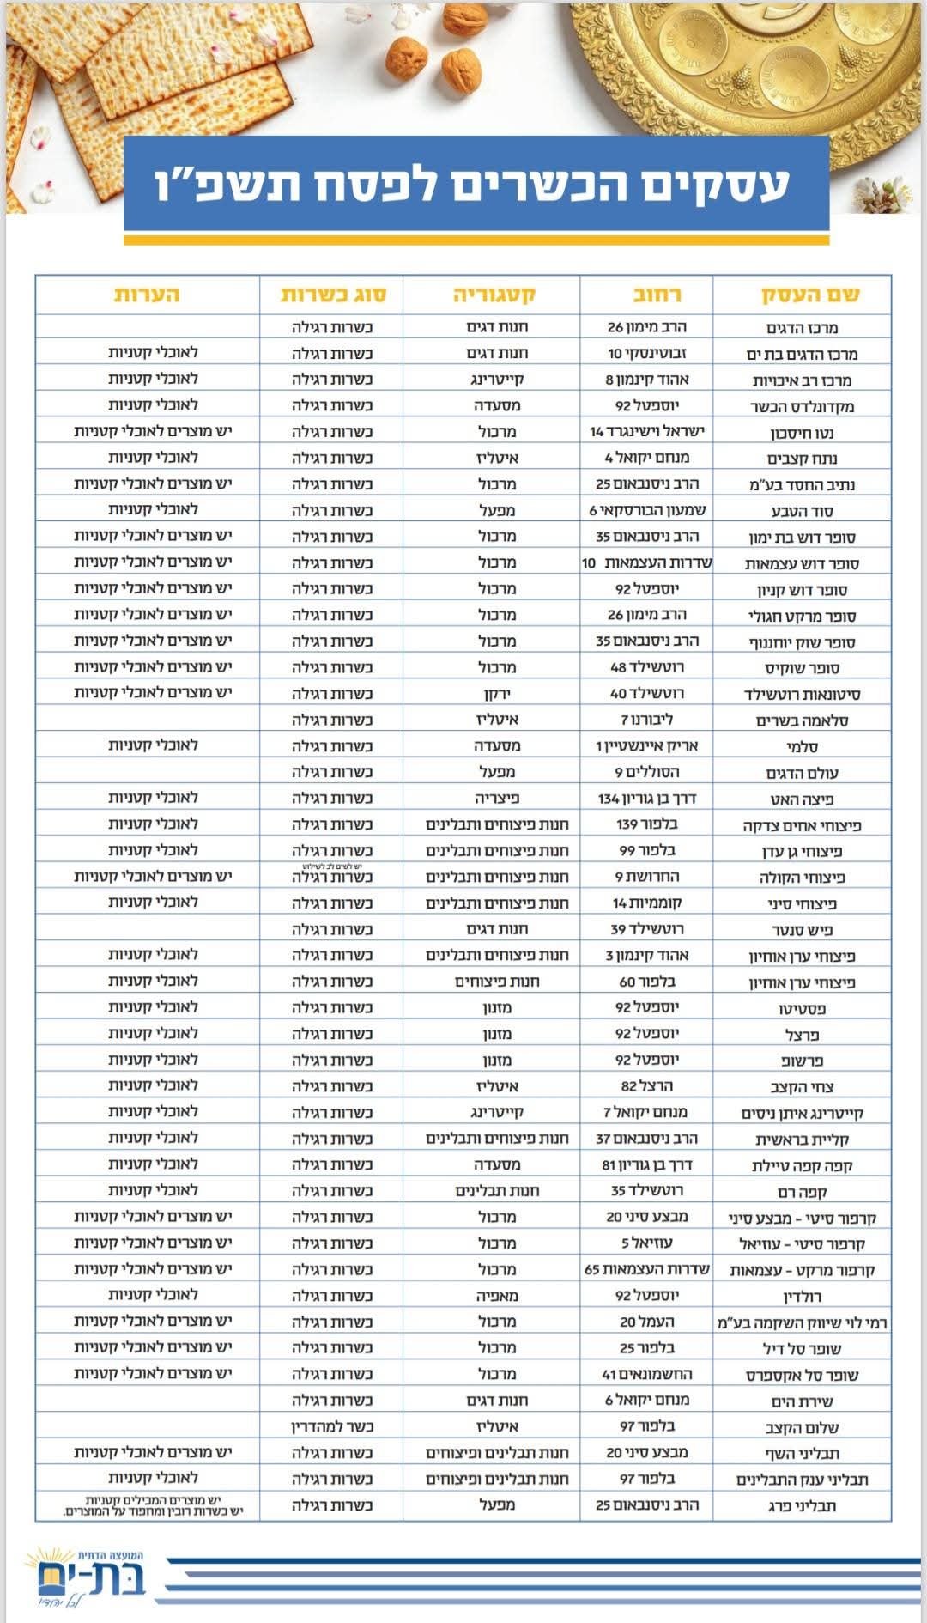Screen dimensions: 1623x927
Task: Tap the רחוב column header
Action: pyautogui.click(x=656, y=295)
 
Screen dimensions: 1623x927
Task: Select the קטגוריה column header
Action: pyautogui.click(x=494, y=295)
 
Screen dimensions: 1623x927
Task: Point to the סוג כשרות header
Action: pyautogui.click(x=333, y=295)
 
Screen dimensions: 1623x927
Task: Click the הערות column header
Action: pyautogui.click(x=147, y=295)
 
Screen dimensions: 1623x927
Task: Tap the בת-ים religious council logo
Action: pyautogui.click(x=86, y=1577)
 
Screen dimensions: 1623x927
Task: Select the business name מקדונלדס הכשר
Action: pyautogui.click(x=802, y=406)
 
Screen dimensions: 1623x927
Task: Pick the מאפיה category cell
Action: pyautogui.click(x=497, y=1295)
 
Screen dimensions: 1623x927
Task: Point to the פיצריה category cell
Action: pyautogui.click(x=497, y=798)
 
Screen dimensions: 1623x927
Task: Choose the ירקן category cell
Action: pyautogui.click(x=497, y=693)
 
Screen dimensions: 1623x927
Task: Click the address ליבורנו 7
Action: pyautogui.click(x=646, y=719)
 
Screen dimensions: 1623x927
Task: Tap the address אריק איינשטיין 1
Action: pyautogui.click(x=646, y=745)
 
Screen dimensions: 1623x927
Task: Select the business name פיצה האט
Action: pyautogui.click(x=802, y=799)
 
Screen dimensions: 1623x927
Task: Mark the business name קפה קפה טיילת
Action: pyautogui.click(x=802, y=1165)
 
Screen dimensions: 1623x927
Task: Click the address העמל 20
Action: pyautogui.click(x=646, y=1322)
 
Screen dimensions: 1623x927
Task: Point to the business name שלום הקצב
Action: pyautogui.click(x=802, y=1427)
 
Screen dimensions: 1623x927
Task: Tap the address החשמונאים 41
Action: pyautogui.click(x=646, y=1374)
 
